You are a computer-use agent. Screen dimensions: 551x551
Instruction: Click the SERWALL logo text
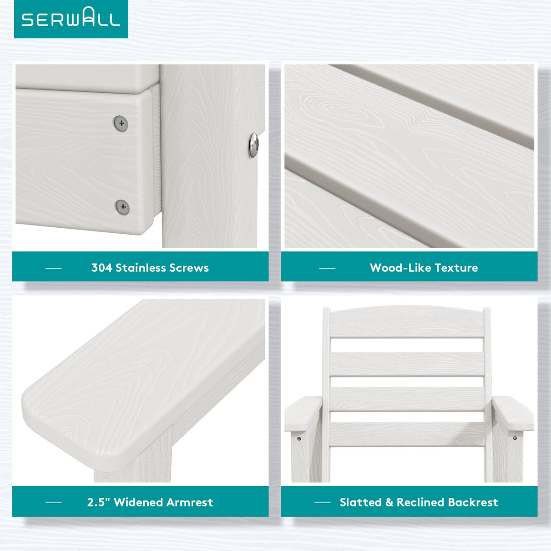(x=71, y=17)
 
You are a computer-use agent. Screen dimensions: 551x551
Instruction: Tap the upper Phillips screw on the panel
(x=121, y=123)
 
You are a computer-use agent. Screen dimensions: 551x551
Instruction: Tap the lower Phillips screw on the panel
(x=123, y=207)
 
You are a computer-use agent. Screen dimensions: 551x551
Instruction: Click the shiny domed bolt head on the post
(x=253, y=145)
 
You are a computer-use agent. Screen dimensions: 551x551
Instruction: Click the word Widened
(x=139, y=502)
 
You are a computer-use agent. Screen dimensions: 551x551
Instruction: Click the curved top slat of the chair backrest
(x=407, y=322)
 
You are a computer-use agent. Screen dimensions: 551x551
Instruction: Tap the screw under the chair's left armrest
(x=299, y=439)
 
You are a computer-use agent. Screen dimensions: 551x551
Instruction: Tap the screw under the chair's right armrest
(x=515, y=438)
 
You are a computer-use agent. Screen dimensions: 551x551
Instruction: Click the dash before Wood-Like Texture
(x=327, y=268)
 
